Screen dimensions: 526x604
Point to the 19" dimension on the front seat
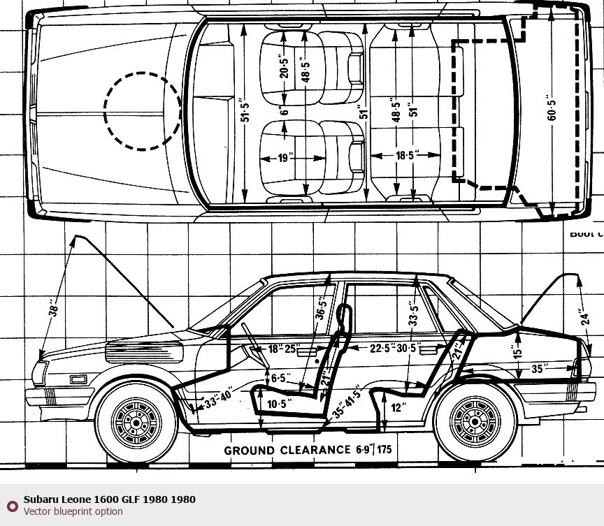(283, 159)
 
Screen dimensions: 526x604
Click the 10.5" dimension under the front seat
(277, 404)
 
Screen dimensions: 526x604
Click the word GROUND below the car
(248, 451)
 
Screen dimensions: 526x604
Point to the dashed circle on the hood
(143, 110)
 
